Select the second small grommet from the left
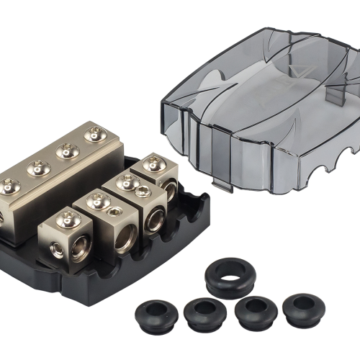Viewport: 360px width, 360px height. pyautogui.click(x=204, y=311)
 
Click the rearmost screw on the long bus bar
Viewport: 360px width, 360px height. pyautogui.click(x=94, y=133)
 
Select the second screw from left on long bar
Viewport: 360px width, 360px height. pyautogui.click(x=37, y=168)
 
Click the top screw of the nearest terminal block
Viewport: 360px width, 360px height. pyautogui.click(x=67, y=217)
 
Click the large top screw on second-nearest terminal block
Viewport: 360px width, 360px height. pyautogui.click(x=99, y=201)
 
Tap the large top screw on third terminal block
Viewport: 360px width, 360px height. pyautogui.click(x=128, y=182)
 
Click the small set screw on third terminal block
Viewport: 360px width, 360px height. pyautogui.click(x=143, y=191)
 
